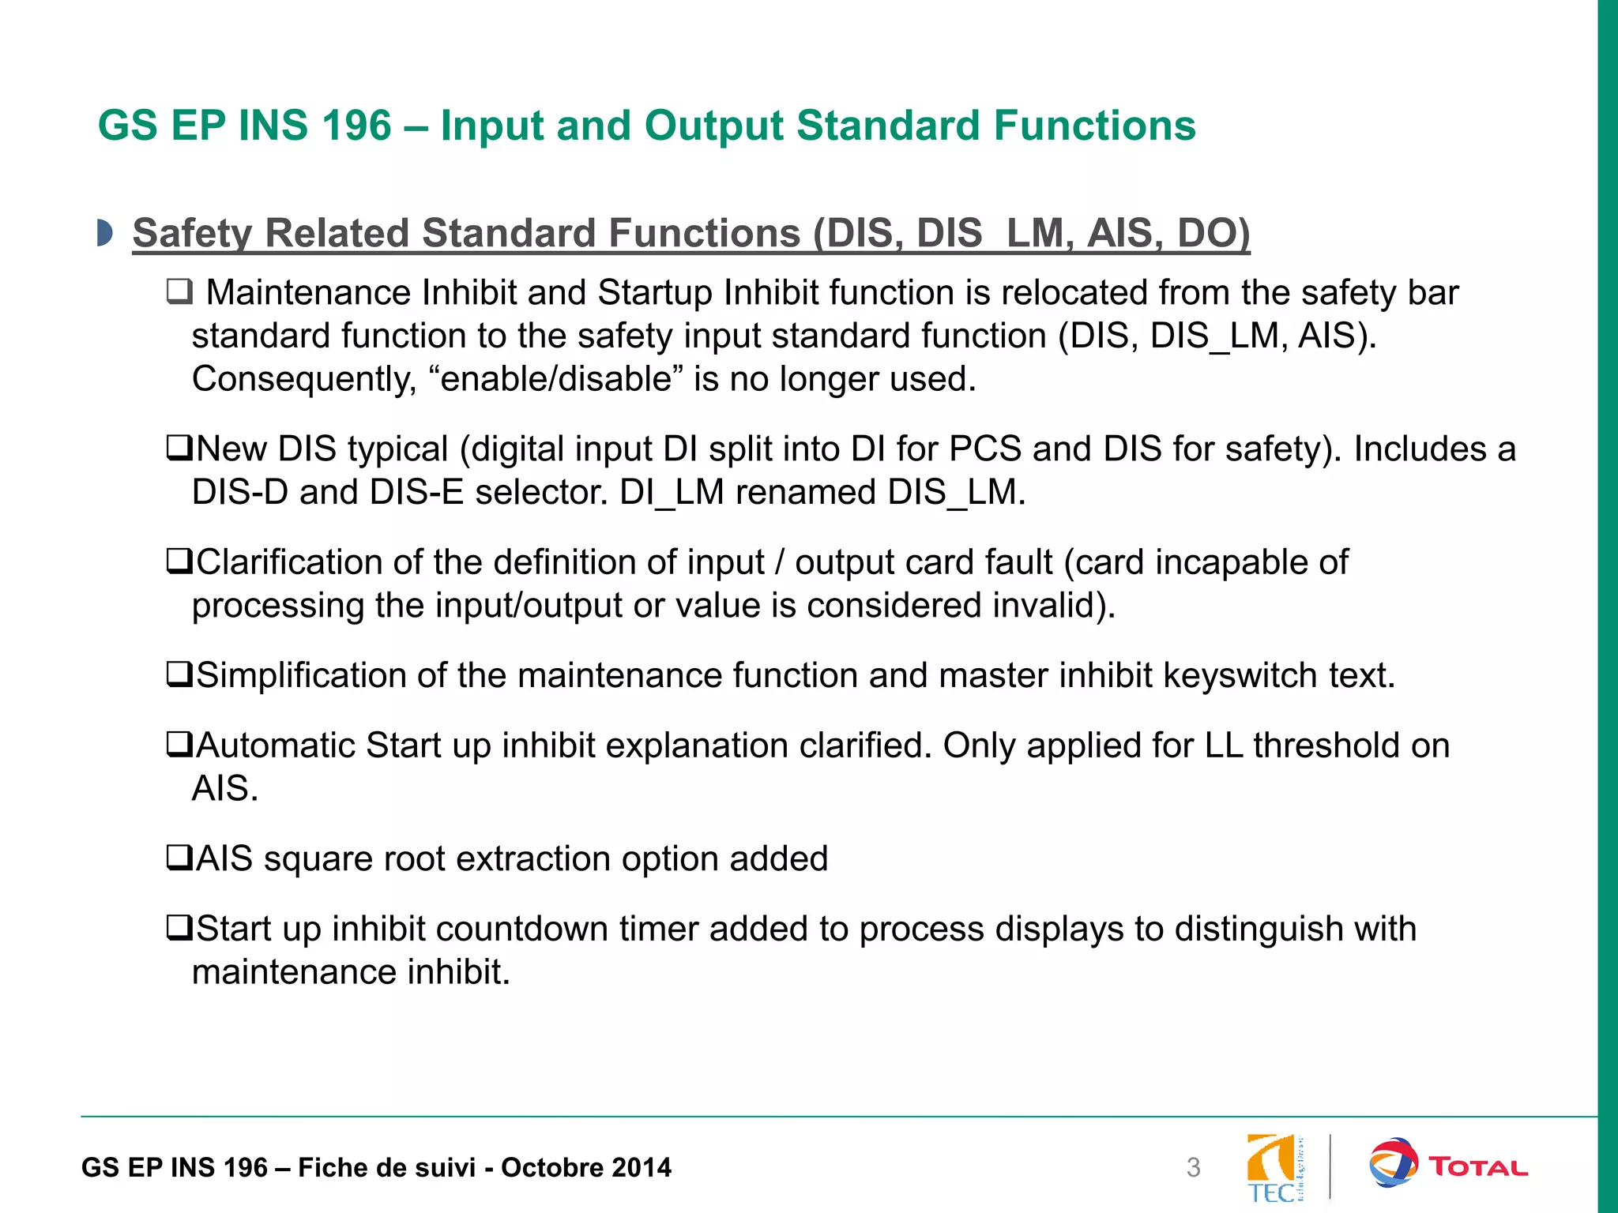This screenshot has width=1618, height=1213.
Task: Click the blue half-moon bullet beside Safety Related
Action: (104, 234)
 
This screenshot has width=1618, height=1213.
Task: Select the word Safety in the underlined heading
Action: (193, 234)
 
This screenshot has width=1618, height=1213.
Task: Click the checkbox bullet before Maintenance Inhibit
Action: (179, 293)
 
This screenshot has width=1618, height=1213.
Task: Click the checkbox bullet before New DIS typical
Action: (179, 449)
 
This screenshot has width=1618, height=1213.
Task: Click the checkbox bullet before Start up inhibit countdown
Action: (179, 929)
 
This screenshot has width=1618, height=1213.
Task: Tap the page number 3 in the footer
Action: (1193, 1168)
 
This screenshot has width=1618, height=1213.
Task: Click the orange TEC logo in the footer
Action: (1273, 1168)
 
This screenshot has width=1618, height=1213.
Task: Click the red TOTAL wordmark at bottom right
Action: (1478, 1167)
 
